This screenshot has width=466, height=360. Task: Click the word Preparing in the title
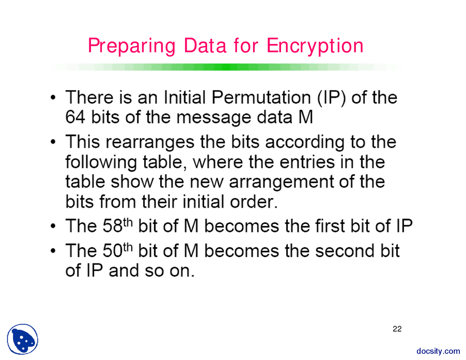click(x=131, y=46)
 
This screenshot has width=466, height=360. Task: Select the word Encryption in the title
click(x=315, y=46)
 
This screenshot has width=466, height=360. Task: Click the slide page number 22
click(x=397, y=329)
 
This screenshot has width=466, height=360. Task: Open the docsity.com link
click(x=438, y=351)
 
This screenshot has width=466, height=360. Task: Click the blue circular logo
click(x=23, y=339)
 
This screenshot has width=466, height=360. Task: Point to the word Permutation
click(x=261, y=98)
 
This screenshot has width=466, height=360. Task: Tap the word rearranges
click(x=150, y=142)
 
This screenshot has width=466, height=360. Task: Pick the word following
click(x=101, y=162)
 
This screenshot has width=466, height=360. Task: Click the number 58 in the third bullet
click(x=112, y=226)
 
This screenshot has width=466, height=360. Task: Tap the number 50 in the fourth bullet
click(x=112, y=251)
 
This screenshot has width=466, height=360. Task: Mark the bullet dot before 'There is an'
click(x=54, y=98)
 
